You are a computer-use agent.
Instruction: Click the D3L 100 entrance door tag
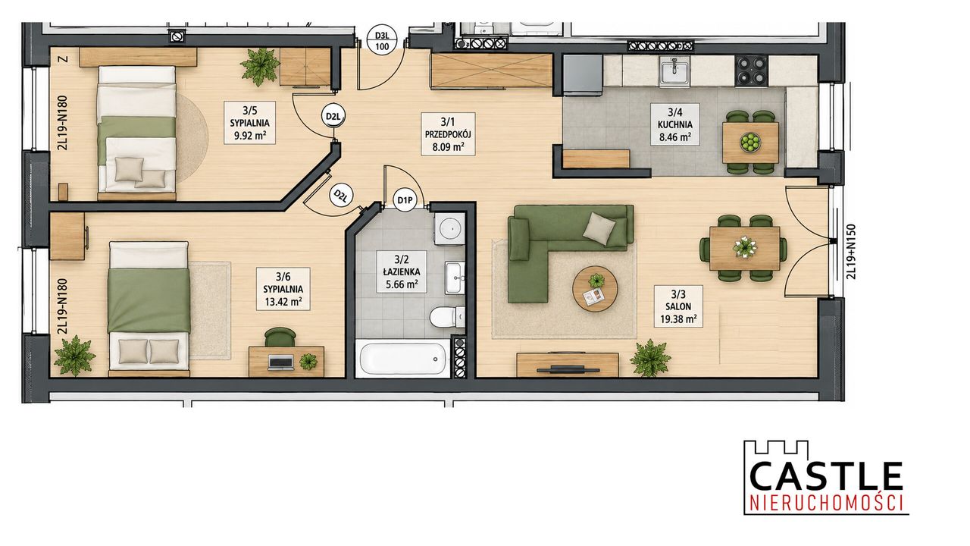pos(382,40)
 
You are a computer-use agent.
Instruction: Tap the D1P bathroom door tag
pos(405,199)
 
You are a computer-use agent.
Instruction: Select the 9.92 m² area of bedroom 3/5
pos(250,136)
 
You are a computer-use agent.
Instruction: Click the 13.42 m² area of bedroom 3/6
pos(283,302)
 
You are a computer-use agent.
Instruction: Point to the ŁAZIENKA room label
pos(402,272)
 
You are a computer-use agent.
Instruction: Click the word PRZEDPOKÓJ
pos(448,134)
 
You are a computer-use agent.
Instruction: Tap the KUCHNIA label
pos(674,125)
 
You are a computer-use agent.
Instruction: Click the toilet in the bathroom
pos(446,318)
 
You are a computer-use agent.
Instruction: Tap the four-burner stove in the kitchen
pos(751,71)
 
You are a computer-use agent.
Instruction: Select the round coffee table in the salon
pos(595,288)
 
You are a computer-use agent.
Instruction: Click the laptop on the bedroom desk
pos(280,362)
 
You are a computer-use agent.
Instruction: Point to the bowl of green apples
pos(749,143)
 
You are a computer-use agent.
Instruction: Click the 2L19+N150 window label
pos(851,251)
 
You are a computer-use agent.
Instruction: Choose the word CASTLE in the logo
pos(826,477)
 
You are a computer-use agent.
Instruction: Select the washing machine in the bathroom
pos(449,228)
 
